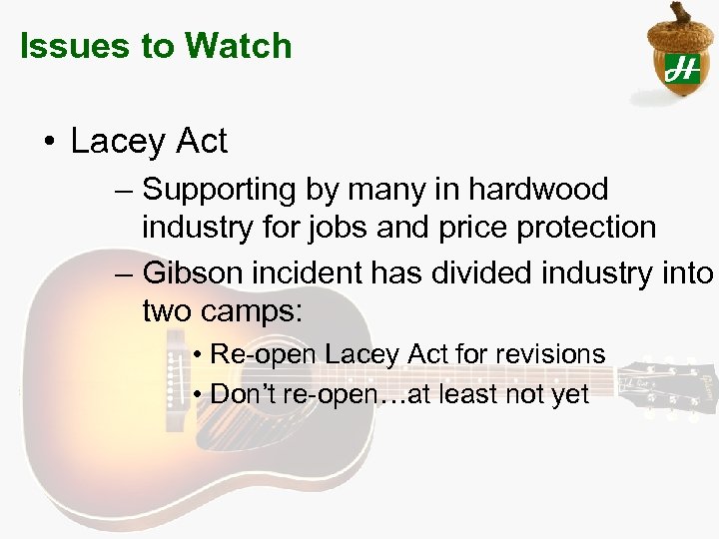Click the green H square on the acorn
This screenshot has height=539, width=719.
tap(682, 67)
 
